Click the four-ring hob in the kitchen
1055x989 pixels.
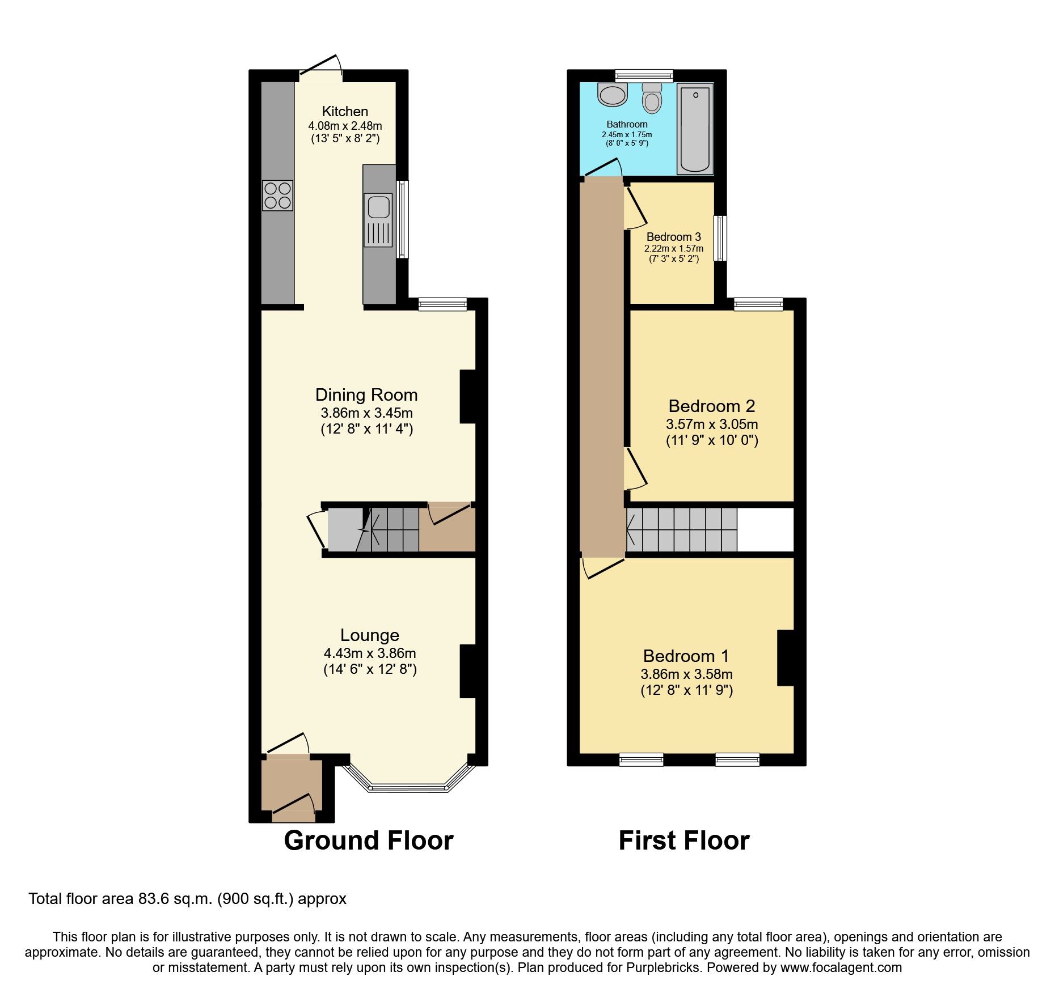[277, 196]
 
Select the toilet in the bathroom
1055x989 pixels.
[652, 99]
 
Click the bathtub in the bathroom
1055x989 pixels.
[695, 129]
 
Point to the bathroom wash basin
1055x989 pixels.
[612, 95]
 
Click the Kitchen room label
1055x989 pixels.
[345, 112]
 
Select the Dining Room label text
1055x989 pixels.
[366, 395]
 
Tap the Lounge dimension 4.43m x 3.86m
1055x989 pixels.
[370, 653]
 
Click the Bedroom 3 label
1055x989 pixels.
[673, 237]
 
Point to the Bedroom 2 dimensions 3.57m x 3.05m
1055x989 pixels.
[712, 424]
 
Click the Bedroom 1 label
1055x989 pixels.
[686, 656]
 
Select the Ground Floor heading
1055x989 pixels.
[368, 841]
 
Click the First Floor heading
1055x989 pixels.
[683, 841]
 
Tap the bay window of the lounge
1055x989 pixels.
[408, 787]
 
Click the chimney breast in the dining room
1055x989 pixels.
[468, 397]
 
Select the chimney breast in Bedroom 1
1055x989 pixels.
[785, 658]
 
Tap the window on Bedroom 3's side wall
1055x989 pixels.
[720, 238]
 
